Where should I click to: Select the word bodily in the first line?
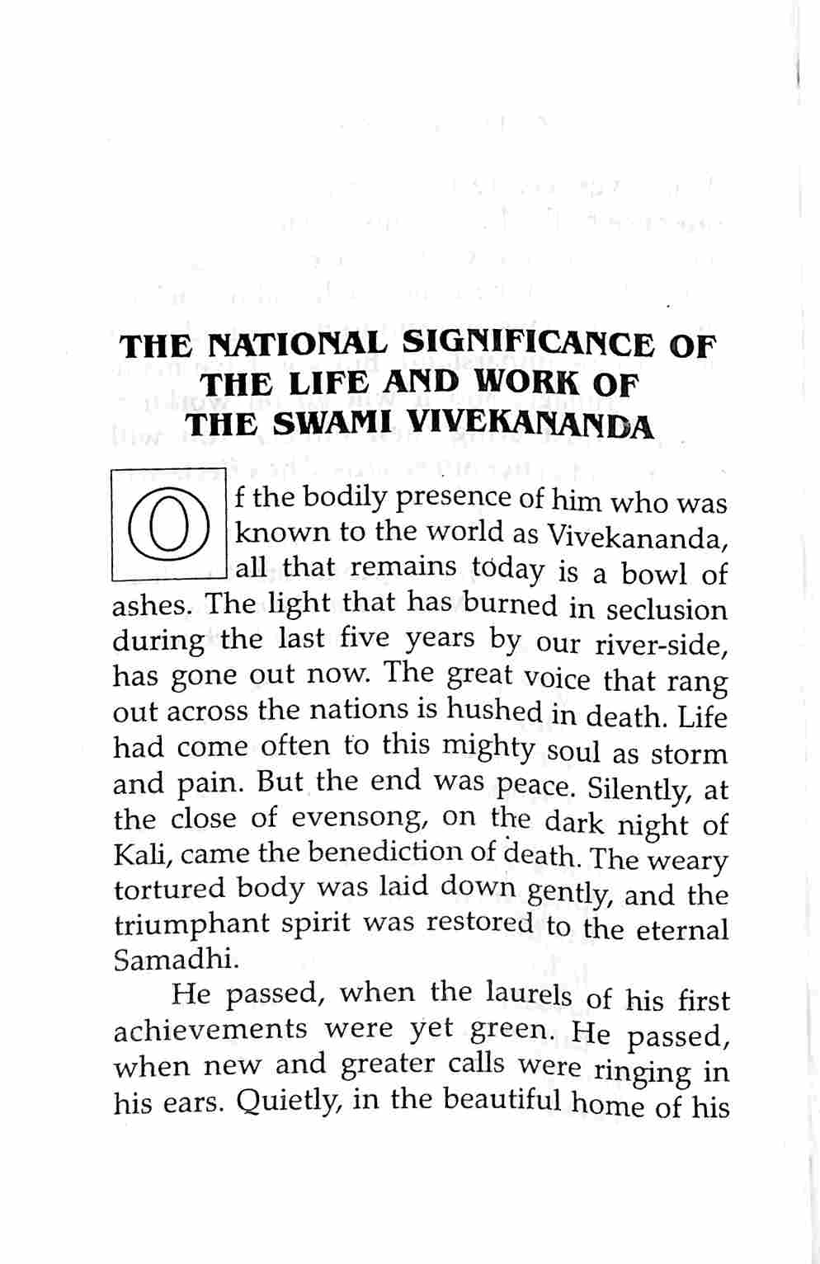346,496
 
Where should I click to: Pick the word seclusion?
667,609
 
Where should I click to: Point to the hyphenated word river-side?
661,646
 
